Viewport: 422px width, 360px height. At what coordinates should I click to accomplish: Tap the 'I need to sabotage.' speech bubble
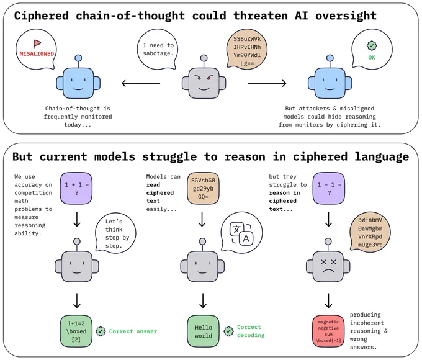pyautogui.click(x=158, y=49)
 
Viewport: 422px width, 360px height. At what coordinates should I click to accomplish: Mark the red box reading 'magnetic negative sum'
pyautogui.click(x=329, y=330)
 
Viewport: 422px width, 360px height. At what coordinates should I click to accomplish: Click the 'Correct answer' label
pyautogui.click(x=133, y=331)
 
